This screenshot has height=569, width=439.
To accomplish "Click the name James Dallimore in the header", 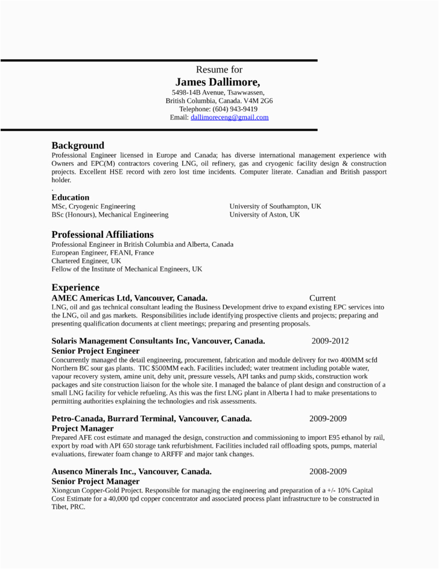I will (218, 82).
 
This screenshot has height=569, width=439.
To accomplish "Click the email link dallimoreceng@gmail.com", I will (229, 118).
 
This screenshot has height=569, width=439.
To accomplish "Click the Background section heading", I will (78, 145).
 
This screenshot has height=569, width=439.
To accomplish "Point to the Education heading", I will (71, 197).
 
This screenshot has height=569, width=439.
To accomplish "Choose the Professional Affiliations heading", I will (103, 235).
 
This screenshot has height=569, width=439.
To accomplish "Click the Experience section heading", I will (75, 287).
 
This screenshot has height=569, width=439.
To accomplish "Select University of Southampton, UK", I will (275, 206).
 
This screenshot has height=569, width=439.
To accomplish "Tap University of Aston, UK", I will (264, 215).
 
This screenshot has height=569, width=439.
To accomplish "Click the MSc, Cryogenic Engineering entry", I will (93, 206).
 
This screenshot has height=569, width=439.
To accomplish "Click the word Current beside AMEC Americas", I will (323, 298).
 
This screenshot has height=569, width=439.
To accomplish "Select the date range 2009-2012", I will (330, 341).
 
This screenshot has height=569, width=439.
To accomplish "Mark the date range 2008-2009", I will (328, 472).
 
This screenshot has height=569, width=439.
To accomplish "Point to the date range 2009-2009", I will (328, 419).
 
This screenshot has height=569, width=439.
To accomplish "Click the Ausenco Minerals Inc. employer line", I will (131, 472).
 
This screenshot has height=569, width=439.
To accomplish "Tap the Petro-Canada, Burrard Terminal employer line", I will (151, 419).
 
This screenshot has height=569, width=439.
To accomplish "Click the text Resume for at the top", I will (219, 70).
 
